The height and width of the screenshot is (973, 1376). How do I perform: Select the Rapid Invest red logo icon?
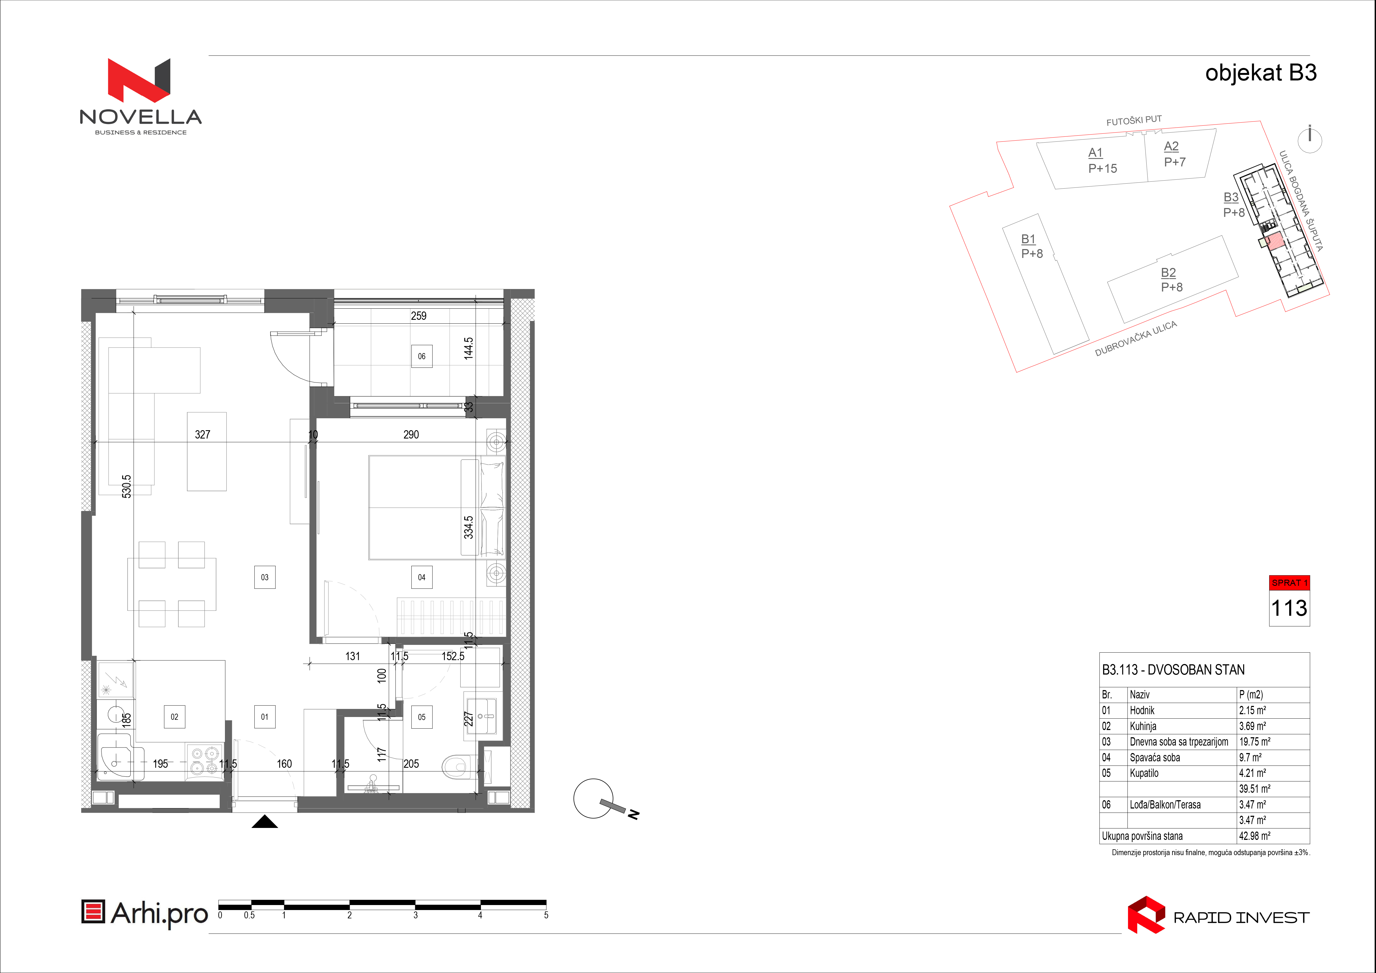click(1146, 915)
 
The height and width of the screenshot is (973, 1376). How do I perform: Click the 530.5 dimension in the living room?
click(126, 486)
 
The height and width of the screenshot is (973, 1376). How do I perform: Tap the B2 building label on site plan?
click(1169, 273)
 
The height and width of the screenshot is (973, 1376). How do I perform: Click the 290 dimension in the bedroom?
click(411, 434)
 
